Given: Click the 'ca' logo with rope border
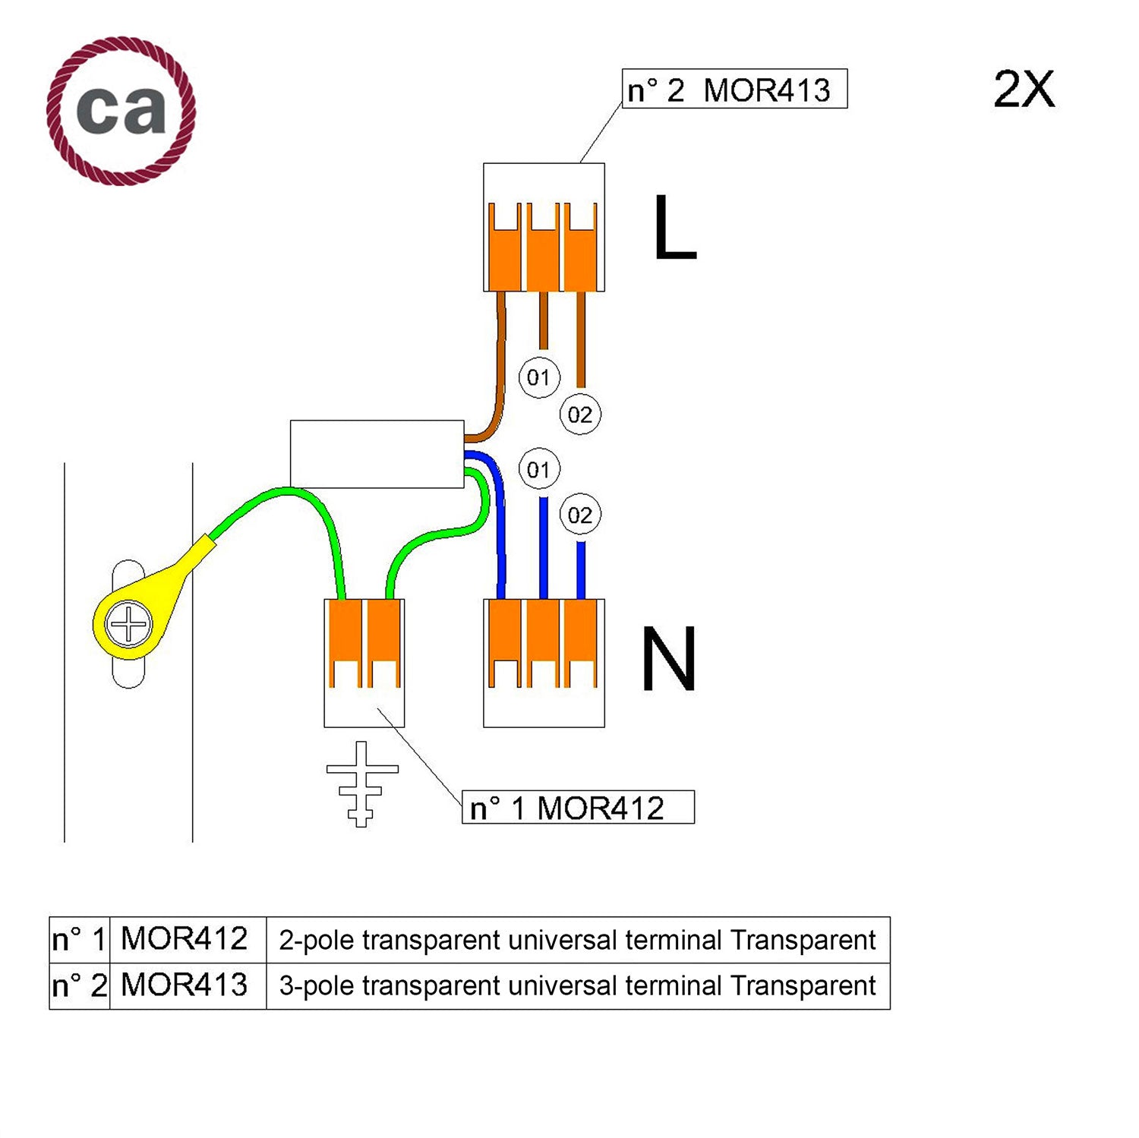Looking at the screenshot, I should (x=121, y=111).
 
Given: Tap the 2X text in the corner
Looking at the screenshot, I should (x=1024, y=90).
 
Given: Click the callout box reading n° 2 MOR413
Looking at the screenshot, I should (x=734, y=90).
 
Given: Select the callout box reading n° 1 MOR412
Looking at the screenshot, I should (x=577, y=807).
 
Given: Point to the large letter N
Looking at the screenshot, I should (x=668, y=659).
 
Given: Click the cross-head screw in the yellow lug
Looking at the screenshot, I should (x=129, y=625).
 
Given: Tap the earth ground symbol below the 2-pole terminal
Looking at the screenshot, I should (x=362, y=783).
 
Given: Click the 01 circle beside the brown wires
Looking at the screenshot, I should (x=539, y=377).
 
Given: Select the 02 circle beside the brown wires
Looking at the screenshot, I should (x=580, y=415).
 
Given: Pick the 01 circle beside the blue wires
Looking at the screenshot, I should (x=539, y=469).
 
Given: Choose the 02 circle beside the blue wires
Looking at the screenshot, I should (x=580, y=515).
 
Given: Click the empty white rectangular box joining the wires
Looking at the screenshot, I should (x=377, y=454).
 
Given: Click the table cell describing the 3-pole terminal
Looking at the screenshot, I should (x=577, y=985).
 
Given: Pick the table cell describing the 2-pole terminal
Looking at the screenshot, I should (x=577, y=940).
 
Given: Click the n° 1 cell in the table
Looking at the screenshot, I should (x=79, y=940).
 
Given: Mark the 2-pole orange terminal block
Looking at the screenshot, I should (x=364, y=662).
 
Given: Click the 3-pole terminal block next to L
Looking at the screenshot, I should (x=544, y=227).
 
